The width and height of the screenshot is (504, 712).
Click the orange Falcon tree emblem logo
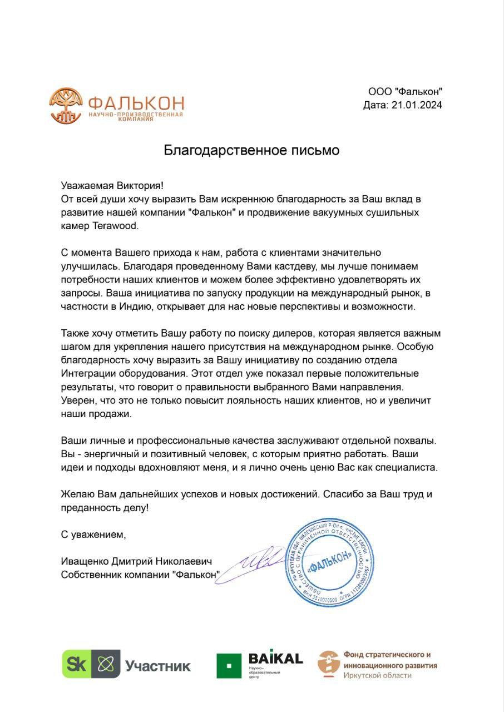pyautogui.click(x=66, y=105)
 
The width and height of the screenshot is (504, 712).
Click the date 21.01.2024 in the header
pyautogui.click(x=417, y=105)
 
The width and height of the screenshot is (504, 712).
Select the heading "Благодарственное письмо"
pyautogui.click(x=251, y=150)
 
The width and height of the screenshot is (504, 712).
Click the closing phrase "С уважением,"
pyautogui.click(x=94, y=535)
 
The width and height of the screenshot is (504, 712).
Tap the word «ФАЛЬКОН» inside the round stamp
pyautogui.click(x=330, y=559)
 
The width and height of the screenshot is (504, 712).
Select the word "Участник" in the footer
pyautogui.click(x=157, y=665)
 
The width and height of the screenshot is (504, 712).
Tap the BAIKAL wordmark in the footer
pyautogui.click(x=275, y=659)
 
